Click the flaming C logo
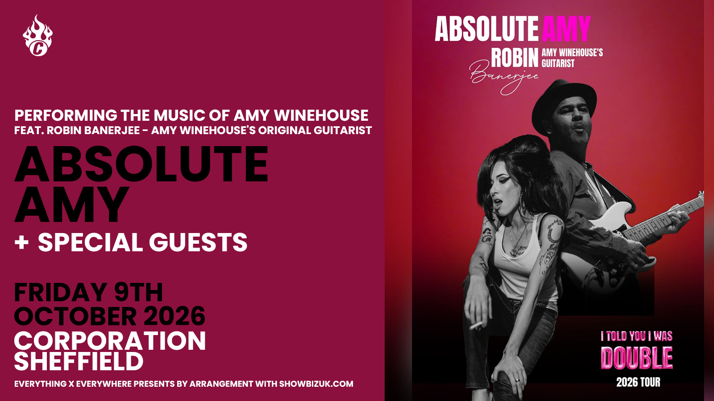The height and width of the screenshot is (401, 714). tap(37, 36)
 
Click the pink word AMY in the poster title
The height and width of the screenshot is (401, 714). tap(566, 29)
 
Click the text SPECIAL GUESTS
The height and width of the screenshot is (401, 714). tap(142, 242)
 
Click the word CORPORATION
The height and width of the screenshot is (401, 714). tap(110, 341)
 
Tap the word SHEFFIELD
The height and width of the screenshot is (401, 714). tap(79, 361)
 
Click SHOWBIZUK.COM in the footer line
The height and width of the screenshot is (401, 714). tap(316, 384)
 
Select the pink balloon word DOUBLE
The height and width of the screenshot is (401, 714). tap(637, 358)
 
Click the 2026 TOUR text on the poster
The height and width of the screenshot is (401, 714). tap(638, 382)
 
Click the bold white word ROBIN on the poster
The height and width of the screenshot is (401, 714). tap(515, 57)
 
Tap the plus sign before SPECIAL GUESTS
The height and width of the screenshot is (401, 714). tap(22, 243)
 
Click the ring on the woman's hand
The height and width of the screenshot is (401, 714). tap(517, 381)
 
